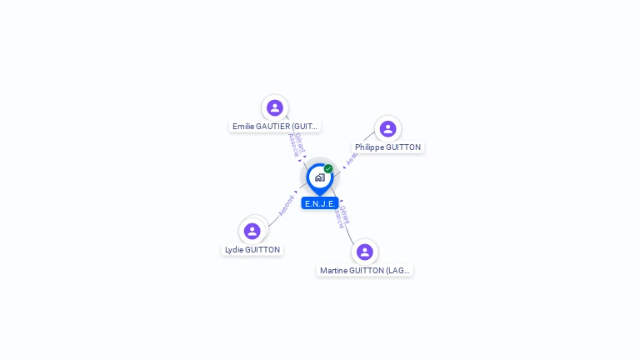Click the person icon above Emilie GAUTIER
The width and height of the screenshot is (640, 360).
tap(275, 107)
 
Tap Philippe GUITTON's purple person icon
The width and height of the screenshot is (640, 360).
tap(387, 128)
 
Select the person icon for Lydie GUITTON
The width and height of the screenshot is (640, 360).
tap(252, 231)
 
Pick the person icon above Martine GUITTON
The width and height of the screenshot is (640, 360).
tap(364, 252)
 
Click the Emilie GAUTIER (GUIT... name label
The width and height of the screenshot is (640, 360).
tap(275, 127)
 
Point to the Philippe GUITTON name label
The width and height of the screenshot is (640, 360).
tap(387, 147)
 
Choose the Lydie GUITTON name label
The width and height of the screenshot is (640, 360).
tap(252, 250)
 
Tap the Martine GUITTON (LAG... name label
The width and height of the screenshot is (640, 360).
tap(365, 271)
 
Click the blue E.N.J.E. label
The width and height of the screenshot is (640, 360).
tap(320, 203)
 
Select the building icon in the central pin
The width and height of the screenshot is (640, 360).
tap(319, 177)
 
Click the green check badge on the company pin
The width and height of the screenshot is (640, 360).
tap(328, 168)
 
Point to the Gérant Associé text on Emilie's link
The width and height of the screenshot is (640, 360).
tap(295, 143)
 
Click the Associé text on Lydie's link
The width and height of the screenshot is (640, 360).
tap(286, 205)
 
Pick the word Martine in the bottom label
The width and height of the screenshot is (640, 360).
tap(334, 271)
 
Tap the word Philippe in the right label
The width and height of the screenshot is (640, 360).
tap(369, 147)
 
